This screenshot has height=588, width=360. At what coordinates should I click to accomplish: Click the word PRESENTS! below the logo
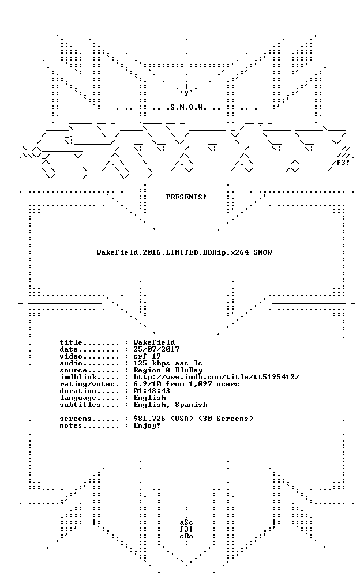pos(186,197)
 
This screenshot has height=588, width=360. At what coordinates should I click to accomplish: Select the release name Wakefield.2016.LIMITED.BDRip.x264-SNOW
pos(184,252)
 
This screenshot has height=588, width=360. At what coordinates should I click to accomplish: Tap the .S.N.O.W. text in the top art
pos(186,108)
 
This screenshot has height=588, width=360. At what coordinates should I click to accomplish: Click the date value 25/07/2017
pos(156,349)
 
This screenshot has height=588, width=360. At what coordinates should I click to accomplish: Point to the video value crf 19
pos(147,356)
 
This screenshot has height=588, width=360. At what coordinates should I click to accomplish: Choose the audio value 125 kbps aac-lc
pos(168,363)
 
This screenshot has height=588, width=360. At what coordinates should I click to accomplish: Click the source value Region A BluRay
pos(168,371)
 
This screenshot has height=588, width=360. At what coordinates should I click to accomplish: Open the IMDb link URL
pos(216,377)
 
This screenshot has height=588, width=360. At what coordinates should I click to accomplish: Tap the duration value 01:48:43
pos(152,391)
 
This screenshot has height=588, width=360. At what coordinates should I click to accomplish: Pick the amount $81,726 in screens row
pos(149,419)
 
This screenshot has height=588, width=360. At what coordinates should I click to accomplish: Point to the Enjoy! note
pos(147,425)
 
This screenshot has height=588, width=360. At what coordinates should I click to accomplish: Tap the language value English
pos(149,398)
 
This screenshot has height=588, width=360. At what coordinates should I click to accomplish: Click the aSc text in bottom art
pos(186,522)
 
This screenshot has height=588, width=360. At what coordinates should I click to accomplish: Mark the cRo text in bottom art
pos(186,536)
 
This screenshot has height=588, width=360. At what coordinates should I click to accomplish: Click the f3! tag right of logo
pos(343,163)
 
